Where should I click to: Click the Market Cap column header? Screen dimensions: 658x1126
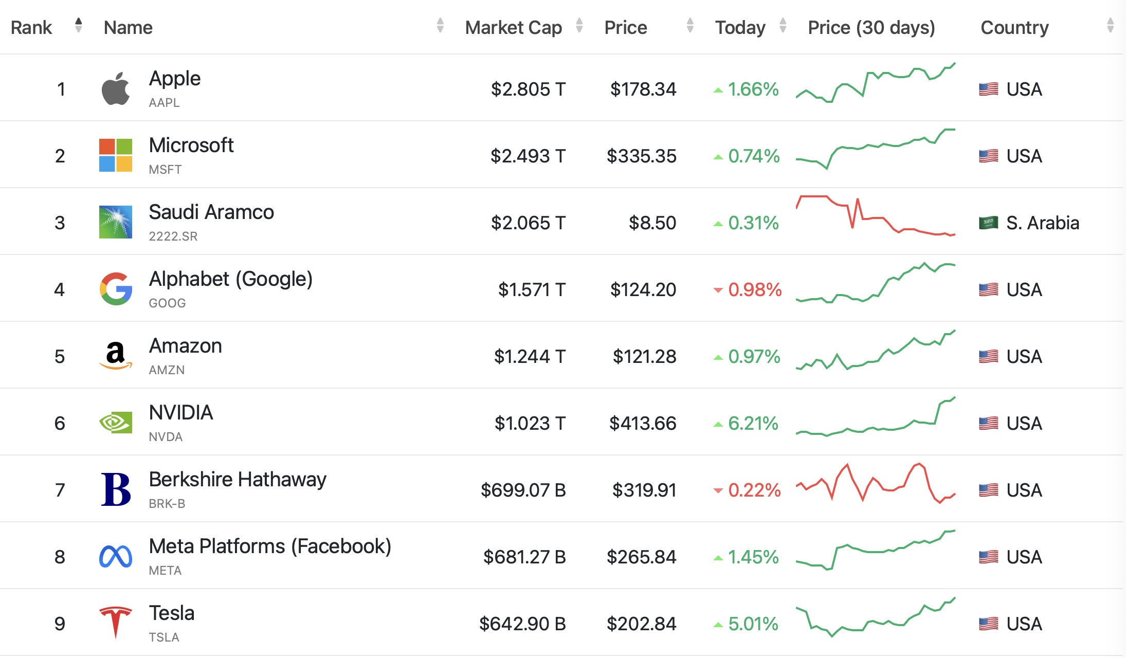pyautogui.click(x=513, y=27)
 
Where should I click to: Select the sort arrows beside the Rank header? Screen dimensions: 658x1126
pyautogui.click(x=78, y=25)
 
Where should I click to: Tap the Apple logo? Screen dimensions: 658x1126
pyautogui.click(x=116, y=88)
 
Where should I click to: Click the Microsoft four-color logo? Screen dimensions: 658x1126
pyautogui.click(x=116, y=155)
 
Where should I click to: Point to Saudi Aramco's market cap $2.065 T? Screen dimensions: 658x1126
pyautogui.click(x=528, y=223)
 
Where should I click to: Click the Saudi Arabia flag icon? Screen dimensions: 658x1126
pyautogui.click(x=988, y=223)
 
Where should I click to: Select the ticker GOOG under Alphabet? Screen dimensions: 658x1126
pyautogui.click(x=167, y=303)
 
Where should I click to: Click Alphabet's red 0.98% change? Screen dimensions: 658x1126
pyautogui.click(x=754, y=289)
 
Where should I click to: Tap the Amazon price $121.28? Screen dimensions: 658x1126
pyautogui.click(x=644, y=356)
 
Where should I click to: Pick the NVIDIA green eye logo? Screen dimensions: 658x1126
pyautogui.click(x=116, y=423)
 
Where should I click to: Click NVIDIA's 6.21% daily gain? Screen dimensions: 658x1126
pyautogui.click(x=753, y=423)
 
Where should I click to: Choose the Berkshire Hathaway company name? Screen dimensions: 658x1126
pyautogui.click(x=238, y=479)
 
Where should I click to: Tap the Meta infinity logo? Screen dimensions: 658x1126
pyautogui.click(x=116, y=556)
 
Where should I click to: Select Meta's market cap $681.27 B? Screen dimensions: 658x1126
pyautogui.click(x=524, y=557)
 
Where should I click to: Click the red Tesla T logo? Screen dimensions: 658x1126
pyautogui.click(x=116, y=622)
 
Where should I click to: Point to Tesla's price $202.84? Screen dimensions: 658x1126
pyautogui.click(x=641, y=624)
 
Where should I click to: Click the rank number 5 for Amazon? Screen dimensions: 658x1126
pyautogui.click(x=60, y=356)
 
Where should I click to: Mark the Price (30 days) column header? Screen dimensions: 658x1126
pyautogui.click(x=871, y=27)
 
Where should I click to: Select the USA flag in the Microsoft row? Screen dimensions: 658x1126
pyautogui.click(x=988, y=156)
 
